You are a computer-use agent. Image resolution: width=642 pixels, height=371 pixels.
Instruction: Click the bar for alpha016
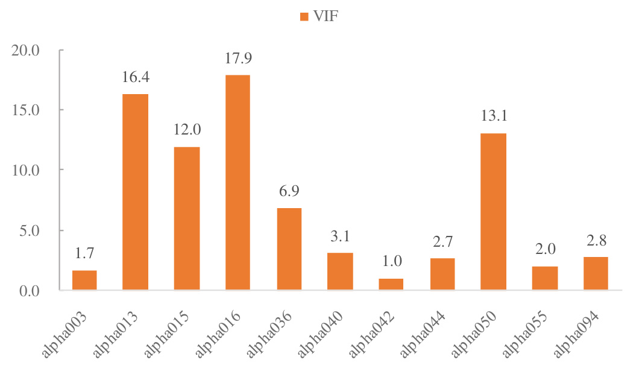[238, 182]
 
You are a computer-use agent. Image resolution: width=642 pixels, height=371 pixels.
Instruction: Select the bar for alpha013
[135, 192]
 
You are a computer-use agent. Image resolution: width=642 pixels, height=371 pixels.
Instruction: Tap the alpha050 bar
[494, 211]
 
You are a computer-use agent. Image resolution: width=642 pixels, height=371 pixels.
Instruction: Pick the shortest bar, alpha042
[391, 284]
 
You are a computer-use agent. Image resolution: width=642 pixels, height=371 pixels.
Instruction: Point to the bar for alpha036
[289, 249]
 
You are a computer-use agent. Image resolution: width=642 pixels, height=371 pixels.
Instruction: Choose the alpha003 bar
[84, 280]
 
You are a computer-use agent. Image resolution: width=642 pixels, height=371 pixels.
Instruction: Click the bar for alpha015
[186, 218]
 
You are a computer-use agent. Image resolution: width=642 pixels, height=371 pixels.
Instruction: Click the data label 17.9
[238, 59]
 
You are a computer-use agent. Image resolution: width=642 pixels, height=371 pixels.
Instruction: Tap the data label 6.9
[289, 191]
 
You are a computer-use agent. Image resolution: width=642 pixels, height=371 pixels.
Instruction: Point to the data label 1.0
[391, 262]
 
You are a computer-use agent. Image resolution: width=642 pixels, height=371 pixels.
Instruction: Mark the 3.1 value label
[340, 236]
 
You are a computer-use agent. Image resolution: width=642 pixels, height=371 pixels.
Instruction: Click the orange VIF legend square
[304, 16]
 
